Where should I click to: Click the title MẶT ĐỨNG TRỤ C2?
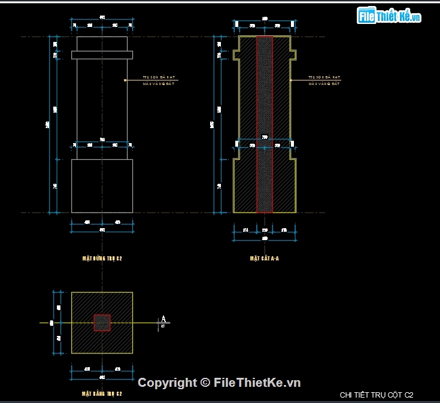tap(102, 259)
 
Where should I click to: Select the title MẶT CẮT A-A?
tap(265, 259)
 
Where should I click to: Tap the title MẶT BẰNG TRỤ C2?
tap(102, 393)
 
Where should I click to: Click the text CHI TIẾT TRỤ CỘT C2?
tap(376, 395)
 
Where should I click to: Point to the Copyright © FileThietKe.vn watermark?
tap(219, 383)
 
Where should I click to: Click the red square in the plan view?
tap(102, 323)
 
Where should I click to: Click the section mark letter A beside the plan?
tap(163, 319)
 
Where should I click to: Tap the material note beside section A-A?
tap(324, 80)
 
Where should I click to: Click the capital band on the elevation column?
tap(102, 55)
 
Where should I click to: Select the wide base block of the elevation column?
tap(102, 186)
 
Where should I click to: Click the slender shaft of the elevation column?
tap(102, 108)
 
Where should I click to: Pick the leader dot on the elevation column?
tap(125, 80)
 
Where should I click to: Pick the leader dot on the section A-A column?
tap(291, 80)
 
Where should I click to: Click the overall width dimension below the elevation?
tap(102, 230)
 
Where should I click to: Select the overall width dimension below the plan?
tap(102, 377)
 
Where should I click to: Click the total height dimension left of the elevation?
tap(48, 125)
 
